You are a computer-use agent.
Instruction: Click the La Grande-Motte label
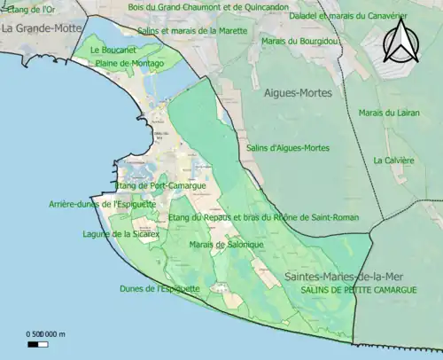click(x=37, y=28)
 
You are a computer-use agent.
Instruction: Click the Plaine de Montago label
click(x=128, y=64)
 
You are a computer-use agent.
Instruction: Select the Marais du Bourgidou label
click(x=299, y=42)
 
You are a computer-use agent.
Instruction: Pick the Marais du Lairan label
click(x=386, y=113)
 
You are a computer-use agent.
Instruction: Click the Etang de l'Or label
click(x=27, y=8)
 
